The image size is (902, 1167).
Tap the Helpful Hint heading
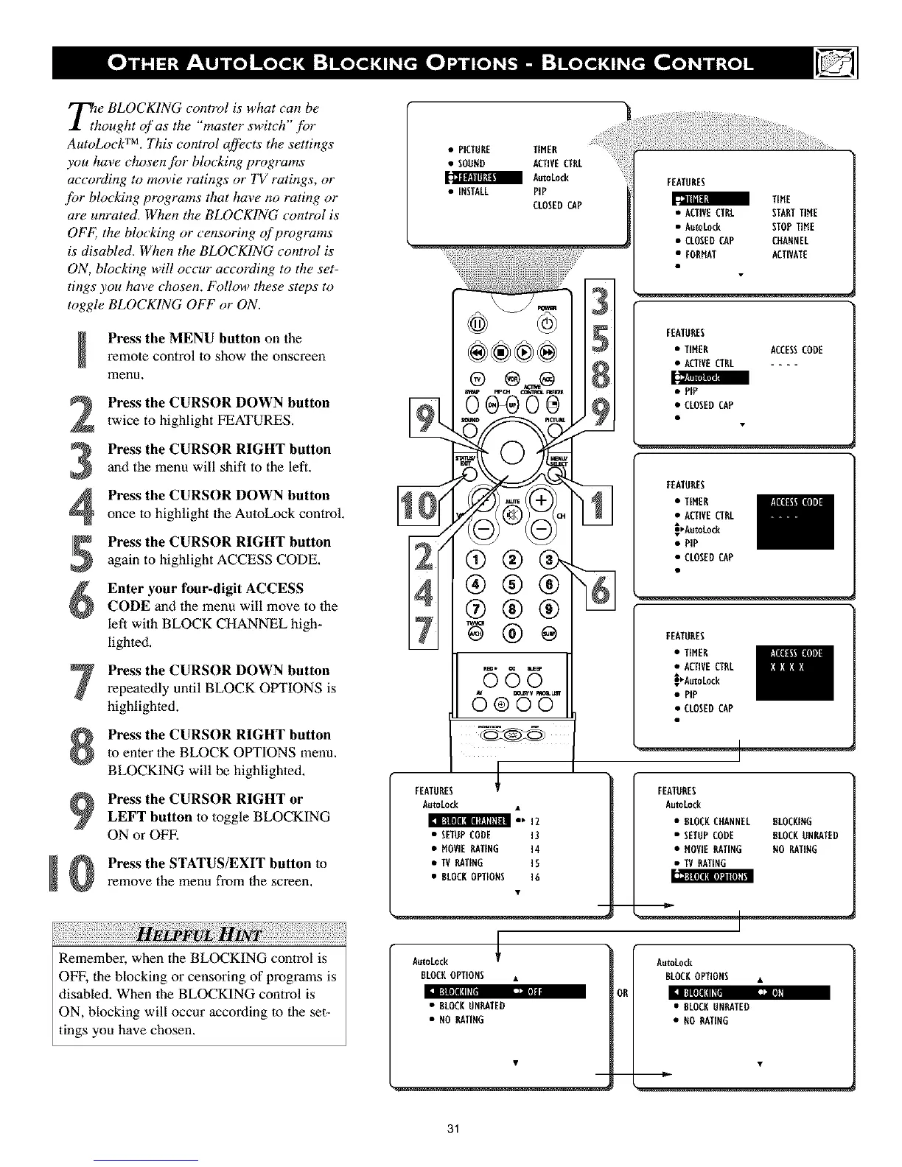(199, 936)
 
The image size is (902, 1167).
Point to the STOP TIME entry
(793, 227)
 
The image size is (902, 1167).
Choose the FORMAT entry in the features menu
(701, 255)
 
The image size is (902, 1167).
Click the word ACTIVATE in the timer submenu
(789, 255)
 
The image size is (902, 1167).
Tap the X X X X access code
(786, 667)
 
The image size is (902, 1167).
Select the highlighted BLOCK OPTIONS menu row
(713, 877)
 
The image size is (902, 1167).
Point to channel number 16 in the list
(535, 877)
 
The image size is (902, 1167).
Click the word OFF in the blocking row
(534, 992)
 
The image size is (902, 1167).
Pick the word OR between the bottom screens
(623, 992)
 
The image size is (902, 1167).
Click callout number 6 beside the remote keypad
(601, 592)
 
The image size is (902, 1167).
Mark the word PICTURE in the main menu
(475, 150)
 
